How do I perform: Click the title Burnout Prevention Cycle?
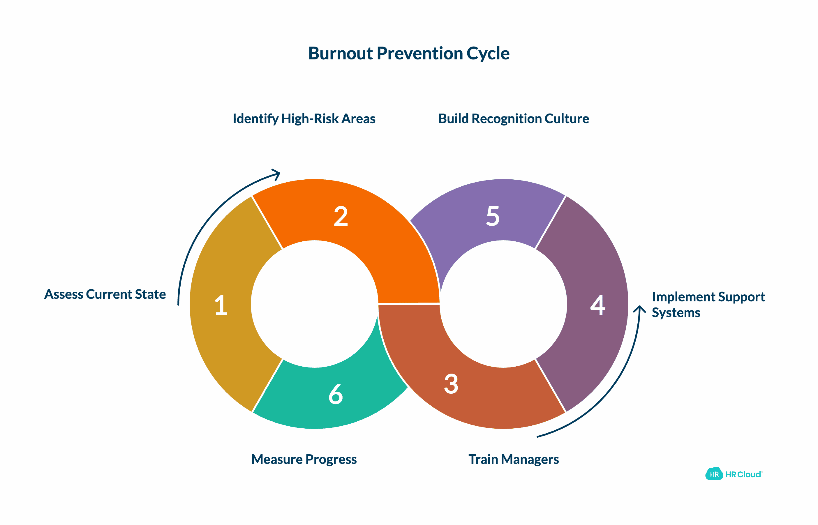408,54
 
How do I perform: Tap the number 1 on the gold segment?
221,305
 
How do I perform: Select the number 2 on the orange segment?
341,216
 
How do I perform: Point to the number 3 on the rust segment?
451,384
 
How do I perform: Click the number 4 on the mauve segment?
598,305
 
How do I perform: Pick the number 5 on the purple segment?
493,216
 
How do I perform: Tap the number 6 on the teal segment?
336,395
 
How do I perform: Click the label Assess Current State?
105,294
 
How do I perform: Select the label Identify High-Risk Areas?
304,119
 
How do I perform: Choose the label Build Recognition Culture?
514,119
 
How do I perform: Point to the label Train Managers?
514,459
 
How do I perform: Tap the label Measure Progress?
304,459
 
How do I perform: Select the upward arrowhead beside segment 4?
639,309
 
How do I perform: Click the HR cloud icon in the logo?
714,474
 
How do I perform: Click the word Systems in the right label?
676,313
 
